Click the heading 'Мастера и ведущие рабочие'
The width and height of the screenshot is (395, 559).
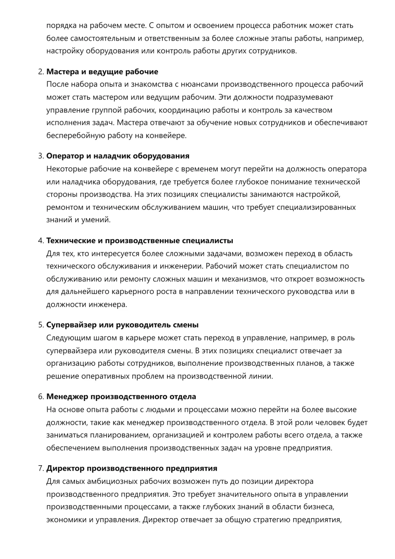click(102, 72)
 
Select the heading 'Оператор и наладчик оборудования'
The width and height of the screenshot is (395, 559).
click(118, 156)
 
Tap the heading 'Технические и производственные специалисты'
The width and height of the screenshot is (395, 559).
click(140, 241)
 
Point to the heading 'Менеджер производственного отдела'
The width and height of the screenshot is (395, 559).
click(121, 397)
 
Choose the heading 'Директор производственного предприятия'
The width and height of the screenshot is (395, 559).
click(132, 469)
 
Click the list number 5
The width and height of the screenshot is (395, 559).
click(41, 325)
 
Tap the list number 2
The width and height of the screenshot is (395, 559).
click(41, 72)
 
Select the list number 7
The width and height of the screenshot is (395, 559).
click(41, 469)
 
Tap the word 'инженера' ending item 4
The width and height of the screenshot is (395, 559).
click(111, 305)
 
